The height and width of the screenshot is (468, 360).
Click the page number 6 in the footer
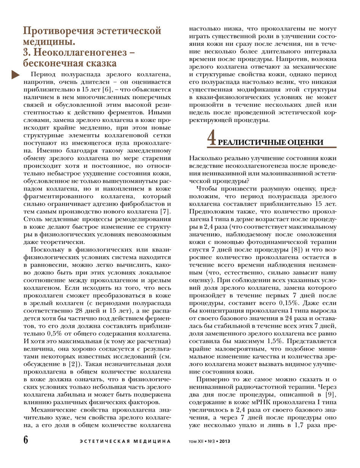[26, 440]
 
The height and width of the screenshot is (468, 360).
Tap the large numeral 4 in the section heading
[212, 138]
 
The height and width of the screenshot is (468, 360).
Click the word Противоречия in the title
[57, 31]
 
